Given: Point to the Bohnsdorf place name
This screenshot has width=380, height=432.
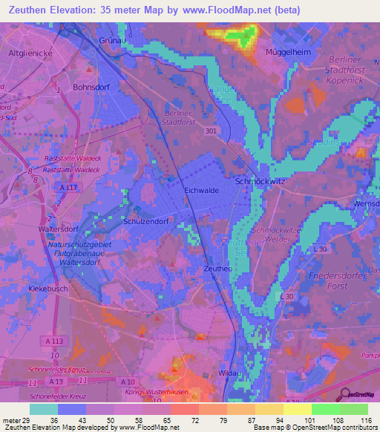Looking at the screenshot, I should [91, 87].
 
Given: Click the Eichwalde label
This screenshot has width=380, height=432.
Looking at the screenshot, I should [201, 191].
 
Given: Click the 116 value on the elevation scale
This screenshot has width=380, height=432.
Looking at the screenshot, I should [366, 420].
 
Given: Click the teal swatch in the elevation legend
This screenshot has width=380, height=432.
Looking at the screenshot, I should [44, 409].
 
